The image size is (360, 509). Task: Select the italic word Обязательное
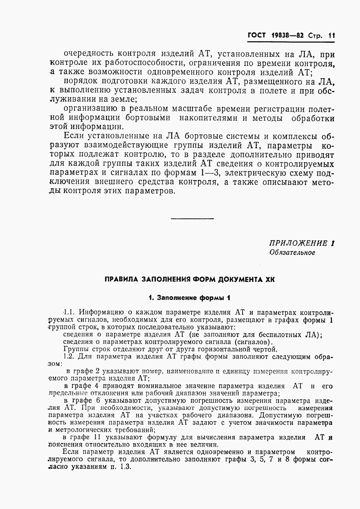point(292,252)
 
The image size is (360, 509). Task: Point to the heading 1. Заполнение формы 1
point(190,298)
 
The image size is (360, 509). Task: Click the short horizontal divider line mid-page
point(192,219)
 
